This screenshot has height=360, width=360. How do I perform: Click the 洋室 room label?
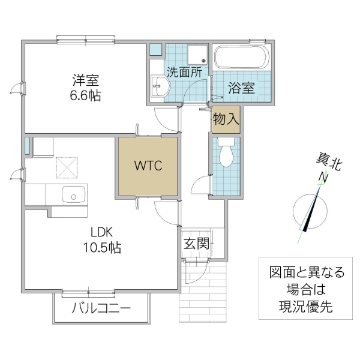(86, 80)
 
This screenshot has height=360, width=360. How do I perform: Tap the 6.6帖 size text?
(86, 95)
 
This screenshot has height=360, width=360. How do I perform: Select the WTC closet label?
(148, 166)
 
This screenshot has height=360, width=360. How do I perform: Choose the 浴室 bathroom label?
(242, 88)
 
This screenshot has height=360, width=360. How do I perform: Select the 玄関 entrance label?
(196, 244)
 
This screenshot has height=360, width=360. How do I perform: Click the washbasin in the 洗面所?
(158, 87)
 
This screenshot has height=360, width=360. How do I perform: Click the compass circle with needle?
(311, 212)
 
